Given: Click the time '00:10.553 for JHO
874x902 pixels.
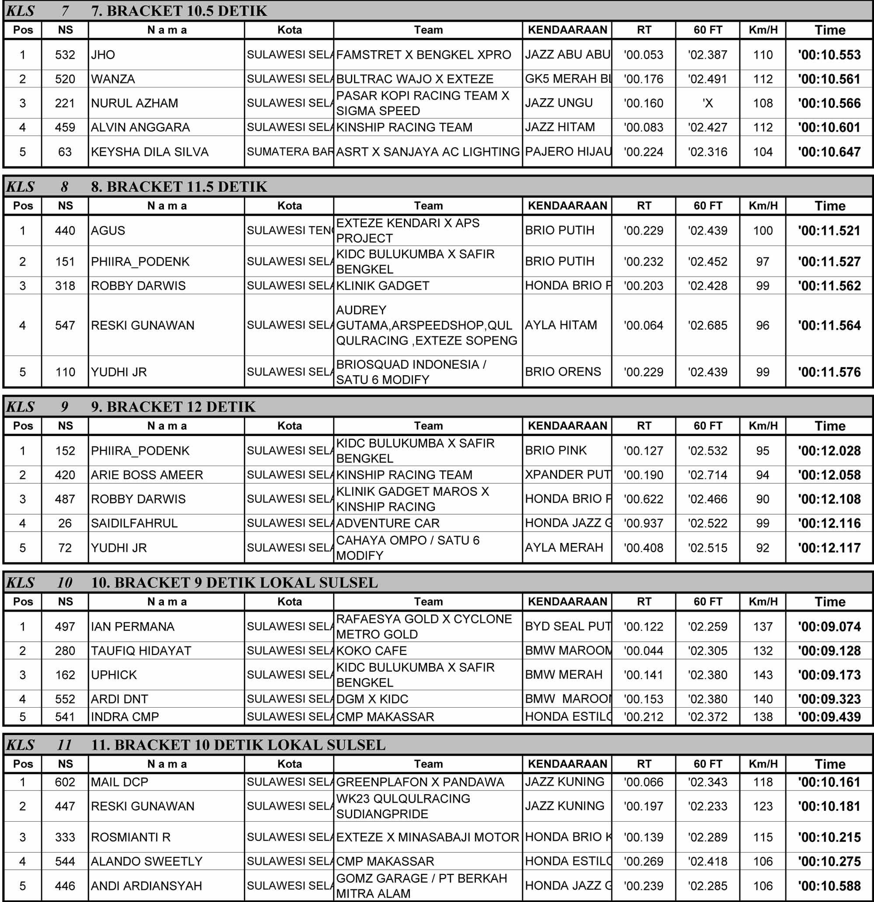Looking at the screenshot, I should coord(829,55).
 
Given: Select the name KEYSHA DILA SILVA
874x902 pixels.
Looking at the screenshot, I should coord(149,152).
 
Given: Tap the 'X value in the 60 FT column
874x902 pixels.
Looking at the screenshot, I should coord(708,103).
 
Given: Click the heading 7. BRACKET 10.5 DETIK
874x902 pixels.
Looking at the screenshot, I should coord(179,10).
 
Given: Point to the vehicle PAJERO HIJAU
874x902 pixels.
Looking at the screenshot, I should coord(568,152).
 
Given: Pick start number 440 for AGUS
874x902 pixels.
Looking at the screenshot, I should coord(65,231).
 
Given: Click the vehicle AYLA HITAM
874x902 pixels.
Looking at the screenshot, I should coord(561,325).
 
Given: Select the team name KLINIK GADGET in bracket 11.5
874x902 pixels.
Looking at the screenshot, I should coord(383,286).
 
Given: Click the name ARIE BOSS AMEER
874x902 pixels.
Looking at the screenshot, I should coord(147,475).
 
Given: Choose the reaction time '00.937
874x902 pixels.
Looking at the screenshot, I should coord(643,523).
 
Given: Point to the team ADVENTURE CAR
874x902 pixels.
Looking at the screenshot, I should coord(388,523).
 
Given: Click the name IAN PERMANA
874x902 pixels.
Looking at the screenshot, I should coord(132,627).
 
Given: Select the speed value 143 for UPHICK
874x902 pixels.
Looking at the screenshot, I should coord(763,675).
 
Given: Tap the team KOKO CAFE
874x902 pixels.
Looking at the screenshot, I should coord(371,651).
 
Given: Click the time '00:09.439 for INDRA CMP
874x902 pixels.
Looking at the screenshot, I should coord(829,717).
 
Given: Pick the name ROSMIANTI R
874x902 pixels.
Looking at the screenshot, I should coord(131,837).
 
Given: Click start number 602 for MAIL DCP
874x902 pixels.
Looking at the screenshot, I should coord(65,782).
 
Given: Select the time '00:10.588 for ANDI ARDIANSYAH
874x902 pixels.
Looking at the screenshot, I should coord(829,886).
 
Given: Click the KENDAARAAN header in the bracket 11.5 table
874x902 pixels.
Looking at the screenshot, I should coord(567,206).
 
